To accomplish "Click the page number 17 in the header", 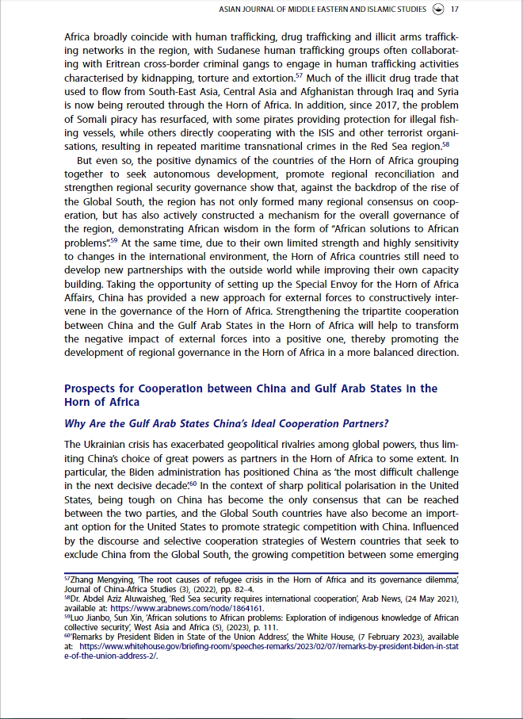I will (x=455, y=10).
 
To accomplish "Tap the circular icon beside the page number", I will (x=437, y=10).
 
